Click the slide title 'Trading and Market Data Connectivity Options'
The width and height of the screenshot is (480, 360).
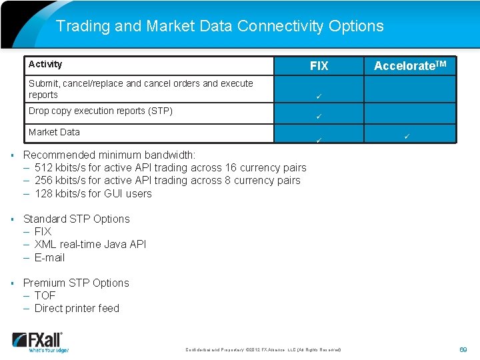[220, 26]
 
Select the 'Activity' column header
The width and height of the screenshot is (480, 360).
[45, 65]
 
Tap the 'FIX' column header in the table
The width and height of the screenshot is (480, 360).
[319, 66]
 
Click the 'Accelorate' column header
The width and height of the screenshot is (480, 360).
[410, 66]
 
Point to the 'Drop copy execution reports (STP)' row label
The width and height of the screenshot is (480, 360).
[101, 111]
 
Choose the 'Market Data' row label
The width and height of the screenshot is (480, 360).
[54, 132]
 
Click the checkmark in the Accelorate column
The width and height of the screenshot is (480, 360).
[406, 137]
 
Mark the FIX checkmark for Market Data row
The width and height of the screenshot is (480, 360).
[319, 140]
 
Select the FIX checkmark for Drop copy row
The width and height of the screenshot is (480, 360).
[319, 117]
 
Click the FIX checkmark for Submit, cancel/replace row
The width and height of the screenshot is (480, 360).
[319, 97]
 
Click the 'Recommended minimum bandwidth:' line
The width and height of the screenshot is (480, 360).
[109, 155]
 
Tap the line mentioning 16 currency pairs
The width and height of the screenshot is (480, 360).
[170, 168]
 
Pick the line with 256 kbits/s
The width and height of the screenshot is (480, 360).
[167, 181]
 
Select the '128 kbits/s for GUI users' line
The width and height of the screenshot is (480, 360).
[93, 194]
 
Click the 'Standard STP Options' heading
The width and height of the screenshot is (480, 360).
[77, 219]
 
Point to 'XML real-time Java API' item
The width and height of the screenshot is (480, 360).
[90, 245]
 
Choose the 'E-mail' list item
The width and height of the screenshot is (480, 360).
[49, 258]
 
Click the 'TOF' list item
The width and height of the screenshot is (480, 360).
[45, 296]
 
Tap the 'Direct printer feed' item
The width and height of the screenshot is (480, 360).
[77, 309]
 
